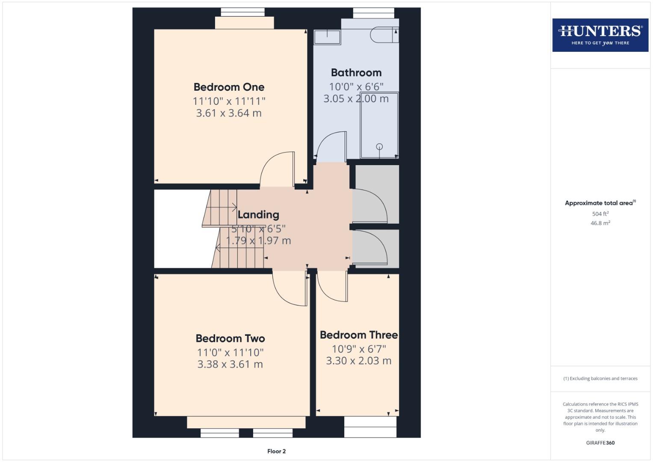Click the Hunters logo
[600, 35]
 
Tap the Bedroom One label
[229, 87]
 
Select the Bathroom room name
[356, 73]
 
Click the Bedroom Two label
[230, 338]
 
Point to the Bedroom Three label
[358, 335]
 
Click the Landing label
[258, 215]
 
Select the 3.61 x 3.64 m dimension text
[229, 113]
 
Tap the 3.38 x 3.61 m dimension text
[230, 364]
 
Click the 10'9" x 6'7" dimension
[358, 349]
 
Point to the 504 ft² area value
[600, 214]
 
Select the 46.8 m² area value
[600, 223]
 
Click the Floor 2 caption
[276, 451]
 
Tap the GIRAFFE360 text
[600, 443]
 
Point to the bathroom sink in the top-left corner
[327, 37]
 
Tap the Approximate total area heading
[600, 203]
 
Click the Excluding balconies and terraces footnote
[600, 379]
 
